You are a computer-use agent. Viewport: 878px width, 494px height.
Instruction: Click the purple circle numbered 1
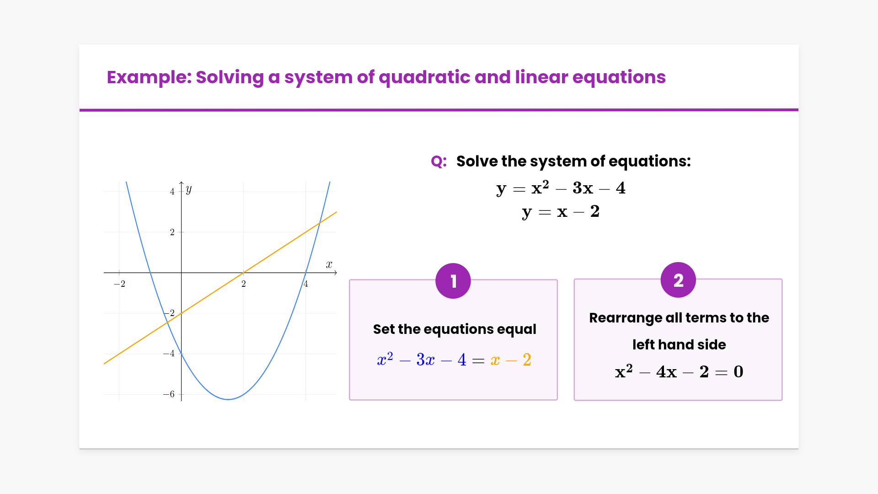tap(453, 281)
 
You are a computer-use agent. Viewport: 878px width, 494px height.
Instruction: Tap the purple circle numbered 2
tap(678, 280)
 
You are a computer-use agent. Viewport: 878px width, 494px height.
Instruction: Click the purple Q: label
tap(439, 161)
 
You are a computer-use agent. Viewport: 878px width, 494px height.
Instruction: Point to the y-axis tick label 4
tap(172, 192)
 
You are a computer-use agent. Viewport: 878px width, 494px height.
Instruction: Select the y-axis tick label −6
tap(169, 394)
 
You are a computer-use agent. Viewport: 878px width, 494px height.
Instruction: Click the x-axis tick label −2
tap(119, 284)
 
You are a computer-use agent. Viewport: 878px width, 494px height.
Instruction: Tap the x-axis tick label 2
tap(244, 284)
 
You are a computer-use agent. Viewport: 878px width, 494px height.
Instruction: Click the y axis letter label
tap(189, 189)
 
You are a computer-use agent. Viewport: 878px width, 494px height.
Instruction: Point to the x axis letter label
tap(329, 264)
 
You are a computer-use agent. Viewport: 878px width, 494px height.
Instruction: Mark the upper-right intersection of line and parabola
tap(320, 222)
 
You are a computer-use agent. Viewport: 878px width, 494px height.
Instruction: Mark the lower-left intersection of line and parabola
tap(167, 322)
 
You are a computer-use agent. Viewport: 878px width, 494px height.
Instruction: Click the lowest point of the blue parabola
tap(228, 399)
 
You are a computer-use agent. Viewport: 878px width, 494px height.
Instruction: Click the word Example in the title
tap(149, 77)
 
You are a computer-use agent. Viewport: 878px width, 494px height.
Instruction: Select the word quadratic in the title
tap(424, 77)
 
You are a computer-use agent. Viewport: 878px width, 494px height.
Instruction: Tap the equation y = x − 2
tap(561, 212)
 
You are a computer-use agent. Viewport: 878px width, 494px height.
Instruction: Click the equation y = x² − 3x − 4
tap(561, 188)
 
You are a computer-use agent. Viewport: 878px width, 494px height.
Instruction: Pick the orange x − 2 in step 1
tap(511, 360)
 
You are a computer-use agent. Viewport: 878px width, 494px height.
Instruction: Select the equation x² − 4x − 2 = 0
tap(679, 371)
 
